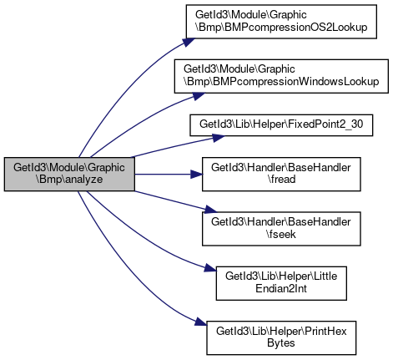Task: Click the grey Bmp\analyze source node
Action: (69, 174)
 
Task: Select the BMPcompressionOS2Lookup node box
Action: (281, 22)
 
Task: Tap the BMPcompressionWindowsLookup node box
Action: (281, 76)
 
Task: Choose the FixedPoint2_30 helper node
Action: (281, 125)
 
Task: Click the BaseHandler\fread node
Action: (281, 174)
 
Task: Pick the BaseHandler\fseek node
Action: (281, 229)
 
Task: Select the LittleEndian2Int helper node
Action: (281, 283)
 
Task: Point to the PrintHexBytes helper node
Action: (281, 337)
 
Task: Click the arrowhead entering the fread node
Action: (196, 175)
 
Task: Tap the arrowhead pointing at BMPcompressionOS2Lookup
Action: (189, 42)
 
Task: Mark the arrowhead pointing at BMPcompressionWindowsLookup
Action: (199, 96)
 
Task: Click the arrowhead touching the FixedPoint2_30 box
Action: (219, 138)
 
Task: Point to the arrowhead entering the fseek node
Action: (210, 210)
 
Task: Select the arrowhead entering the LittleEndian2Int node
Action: (210, 268)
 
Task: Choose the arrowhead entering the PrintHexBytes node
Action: (201, 322)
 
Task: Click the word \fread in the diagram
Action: (281, 180)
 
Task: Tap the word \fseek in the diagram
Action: (281, 234)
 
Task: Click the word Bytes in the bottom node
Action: (281, 343)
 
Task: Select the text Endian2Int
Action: (281, 289)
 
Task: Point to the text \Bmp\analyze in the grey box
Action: (69, 180)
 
